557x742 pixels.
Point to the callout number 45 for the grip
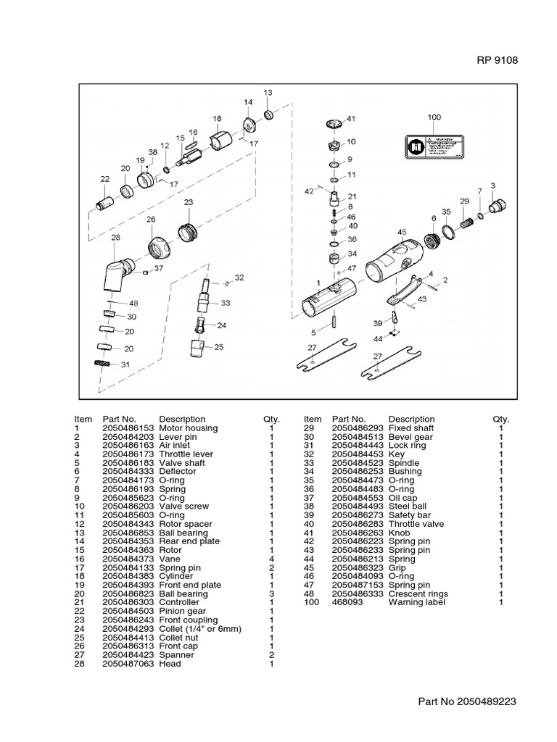point(401,232)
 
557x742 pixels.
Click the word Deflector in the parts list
point(178,471)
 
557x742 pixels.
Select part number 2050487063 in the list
point(128,664)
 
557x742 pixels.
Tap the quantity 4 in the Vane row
point(271,559)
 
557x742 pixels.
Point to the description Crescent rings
point(418,593)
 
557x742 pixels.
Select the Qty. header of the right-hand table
point(500,419)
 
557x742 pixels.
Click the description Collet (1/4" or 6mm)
point(199,629)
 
